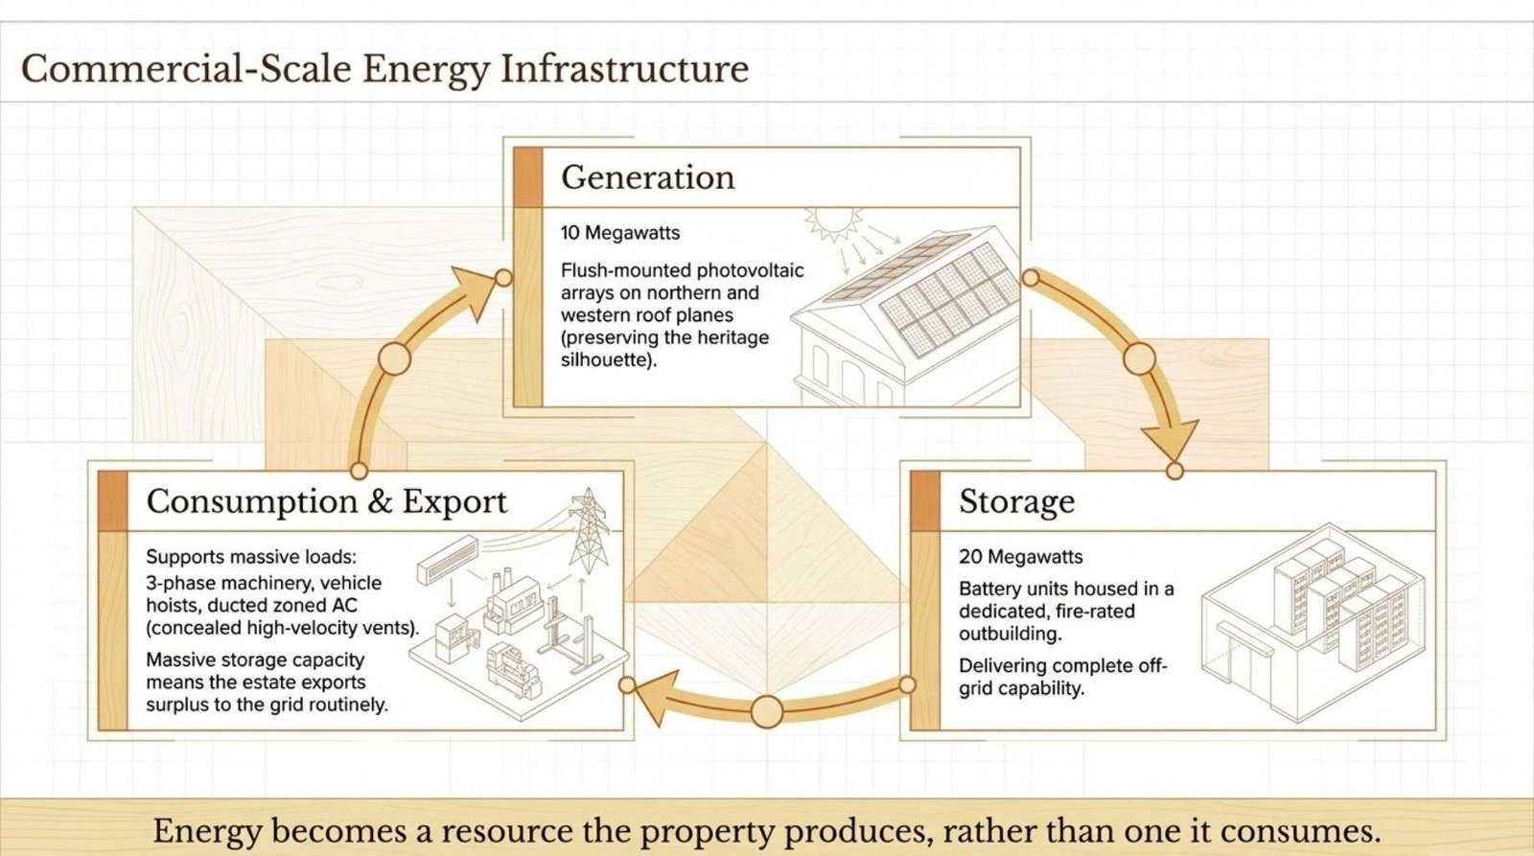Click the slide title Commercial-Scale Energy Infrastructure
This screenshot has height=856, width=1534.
[384, 70]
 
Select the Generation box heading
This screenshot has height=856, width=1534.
[648, 176]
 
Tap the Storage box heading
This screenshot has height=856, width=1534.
[1016, 502]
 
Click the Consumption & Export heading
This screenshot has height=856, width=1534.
[327, 502]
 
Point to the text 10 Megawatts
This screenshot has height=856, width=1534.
[619, 233]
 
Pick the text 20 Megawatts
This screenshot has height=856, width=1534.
[1020, 557]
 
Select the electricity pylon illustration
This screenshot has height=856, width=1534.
[589, 531]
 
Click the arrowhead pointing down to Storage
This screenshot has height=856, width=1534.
[1170, 438]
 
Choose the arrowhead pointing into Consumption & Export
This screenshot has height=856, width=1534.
[656, 695]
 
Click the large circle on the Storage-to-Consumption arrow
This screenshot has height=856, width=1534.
[767, 711]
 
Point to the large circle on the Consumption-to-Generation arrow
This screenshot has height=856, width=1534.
[394, 359]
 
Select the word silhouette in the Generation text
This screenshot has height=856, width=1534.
[605, 360]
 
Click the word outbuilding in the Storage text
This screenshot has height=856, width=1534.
[1011, 635]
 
